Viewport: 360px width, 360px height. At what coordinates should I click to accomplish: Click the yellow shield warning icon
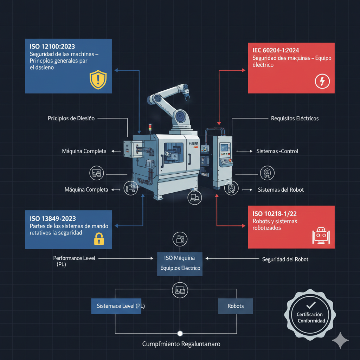point(98,80)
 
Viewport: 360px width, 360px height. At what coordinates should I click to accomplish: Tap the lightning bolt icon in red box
point(322,81)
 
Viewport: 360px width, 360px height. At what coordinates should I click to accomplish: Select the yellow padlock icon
point(99,239)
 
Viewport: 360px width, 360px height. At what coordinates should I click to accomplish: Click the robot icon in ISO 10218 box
point(321,236)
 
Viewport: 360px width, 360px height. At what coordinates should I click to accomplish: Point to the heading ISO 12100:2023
point(52,47)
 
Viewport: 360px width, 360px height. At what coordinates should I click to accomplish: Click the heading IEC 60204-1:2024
point(276,50)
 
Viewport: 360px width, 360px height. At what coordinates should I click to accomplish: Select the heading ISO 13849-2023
point(53,219)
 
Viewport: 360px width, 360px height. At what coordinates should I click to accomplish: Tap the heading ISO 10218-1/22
point(275,214)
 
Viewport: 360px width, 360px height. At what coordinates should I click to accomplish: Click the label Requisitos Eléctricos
point(295,118)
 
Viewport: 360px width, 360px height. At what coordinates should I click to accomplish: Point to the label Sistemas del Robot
point(281,189)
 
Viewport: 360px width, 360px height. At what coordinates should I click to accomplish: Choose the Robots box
point(235,306)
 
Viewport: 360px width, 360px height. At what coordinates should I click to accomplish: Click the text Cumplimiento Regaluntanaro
point(181,344)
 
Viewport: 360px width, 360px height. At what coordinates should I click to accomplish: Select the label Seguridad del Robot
point(285,259)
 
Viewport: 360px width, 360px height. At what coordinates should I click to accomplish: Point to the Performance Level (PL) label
point(74,261)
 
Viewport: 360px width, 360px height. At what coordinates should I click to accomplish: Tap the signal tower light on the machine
point(150,127)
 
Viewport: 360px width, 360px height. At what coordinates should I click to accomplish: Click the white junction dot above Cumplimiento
point(180,333)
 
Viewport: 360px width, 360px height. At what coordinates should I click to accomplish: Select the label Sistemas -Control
point(277,151)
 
